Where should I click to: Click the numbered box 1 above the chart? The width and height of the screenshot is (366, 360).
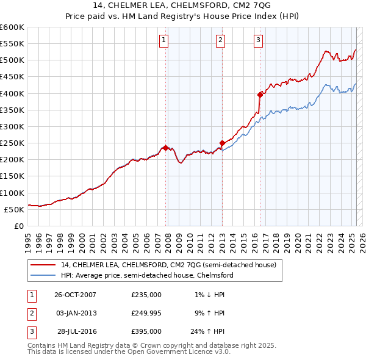tap(165, 41)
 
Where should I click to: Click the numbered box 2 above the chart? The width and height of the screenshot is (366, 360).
tap(220, 41)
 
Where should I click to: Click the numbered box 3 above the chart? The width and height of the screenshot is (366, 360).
tap(259, 41)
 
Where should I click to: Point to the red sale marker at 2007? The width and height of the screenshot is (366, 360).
tap(165, 147)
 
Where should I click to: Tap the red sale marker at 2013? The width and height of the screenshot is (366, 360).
tap(221, 143)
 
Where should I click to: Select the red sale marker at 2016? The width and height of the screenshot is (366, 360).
tap(260, 95)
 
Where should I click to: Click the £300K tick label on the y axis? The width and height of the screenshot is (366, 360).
tap(12, 126)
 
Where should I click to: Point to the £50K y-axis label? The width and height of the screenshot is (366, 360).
tap(13, 209)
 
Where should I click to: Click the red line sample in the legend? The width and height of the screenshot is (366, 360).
tap(43, 265)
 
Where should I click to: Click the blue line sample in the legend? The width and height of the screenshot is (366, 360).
tap(43, 275)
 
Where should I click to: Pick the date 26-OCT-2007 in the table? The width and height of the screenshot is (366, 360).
tap(74, 295)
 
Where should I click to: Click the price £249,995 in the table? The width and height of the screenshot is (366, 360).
tap(146, 313)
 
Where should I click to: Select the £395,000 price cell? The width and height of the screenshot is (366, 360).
tap(146, 331)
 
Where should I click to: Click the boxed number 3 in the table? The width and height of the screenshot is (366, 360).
tap(30, 331)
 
